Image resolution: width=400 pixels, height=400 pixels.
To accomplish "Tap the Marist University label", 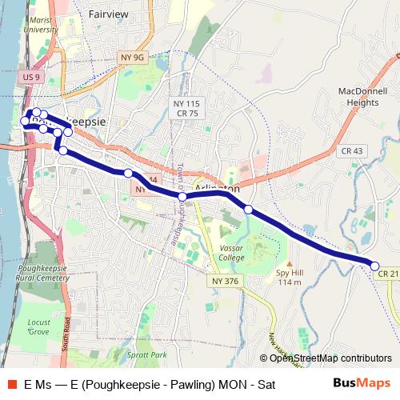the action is coord(40,24).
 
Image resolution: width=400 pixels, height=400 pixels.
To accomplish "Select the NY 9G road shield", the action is coord(134,58).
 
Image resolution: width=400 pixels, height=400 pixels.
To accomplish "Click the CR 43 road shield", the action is coord(351,151).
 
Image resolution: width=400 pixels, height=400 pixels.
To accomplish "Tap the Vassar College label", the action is coord(231,253).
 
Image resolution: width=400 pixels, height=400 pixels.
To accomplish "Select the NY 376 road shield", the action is coord(226,281).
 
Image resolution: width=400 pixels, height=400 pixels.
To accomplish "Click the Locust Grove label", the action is coord(38,326).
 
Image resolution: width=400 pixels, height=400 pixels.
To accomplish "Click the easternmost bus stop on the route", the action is coord(374,265).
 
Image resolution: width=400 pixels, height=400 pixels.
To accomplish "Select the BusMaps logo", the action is coord(361,383).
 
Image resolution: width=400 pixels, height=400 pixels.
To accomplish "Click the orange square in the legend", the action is coord(11,384).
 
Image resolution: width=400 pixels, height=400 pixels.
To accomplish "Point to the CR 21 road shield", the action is coord(388,274).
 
